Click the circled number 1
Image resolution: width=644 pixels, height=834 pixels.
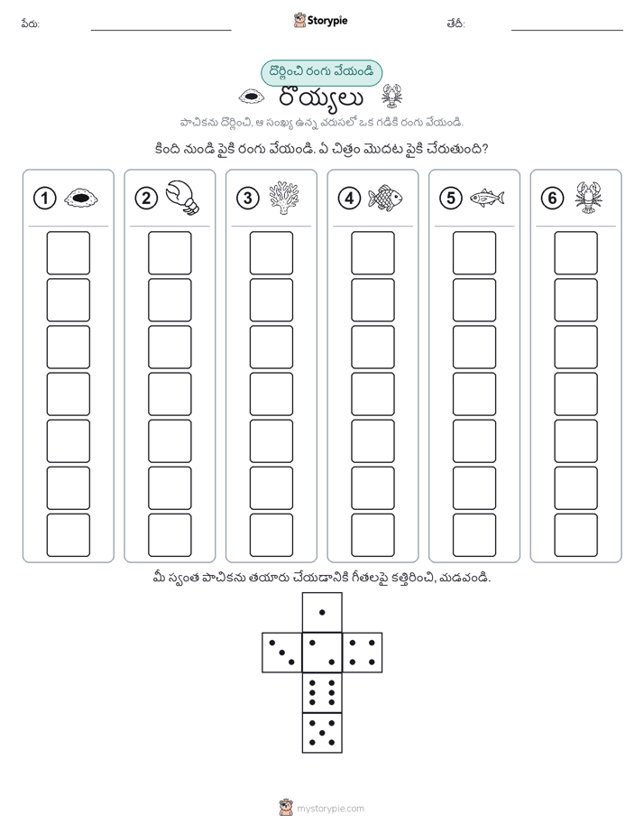pos(44,199)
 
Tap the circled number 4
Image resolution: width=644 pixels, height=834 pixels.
pos(349,199)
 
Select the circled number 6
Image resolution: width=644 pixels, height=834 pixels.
pos(552,199)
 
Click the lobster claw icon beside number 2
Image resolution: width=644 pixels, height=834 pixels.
pos(182,198)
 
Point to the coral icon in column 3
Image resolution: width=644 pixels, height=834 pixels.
pos(284,198)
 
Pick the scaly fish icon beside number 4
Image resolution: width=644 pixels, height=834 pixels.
pos(385,198)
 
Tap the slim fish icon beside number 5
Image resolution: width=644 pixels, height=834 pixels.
pos(487,198)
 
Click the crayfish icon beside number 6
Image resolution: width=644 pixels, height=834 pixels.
pos(588,198)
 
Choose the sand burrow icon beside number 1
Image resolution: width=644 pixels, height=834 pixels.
pos(81,199)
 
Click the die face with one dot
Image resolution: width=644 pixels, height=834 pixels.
pos(322,612)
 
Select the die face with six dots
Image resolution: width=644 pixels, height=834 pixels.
pos(322,692)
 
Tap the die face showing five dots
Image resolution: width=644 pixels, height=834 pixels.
pos(322,733)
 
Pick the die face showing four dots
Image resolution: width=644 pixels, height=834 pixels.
pos(363,653)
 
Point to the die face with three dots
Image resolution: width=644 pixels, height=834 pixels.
pos(281,653)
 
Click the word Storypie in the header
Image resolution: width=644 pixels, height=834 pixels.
pos(327,21)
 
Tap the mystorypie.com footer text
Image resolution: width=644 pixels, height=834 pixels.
pos(330,809)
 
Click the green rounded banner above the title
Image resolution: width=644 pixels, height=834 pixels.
pos(321,73)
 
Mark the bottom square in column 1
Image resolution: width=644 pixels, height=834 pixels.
pos(68,535)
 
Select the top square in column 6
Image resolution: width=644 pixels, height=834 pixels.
pos(576,253)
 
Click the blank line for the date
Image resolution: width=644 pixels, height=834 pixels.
pos(567,30)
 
